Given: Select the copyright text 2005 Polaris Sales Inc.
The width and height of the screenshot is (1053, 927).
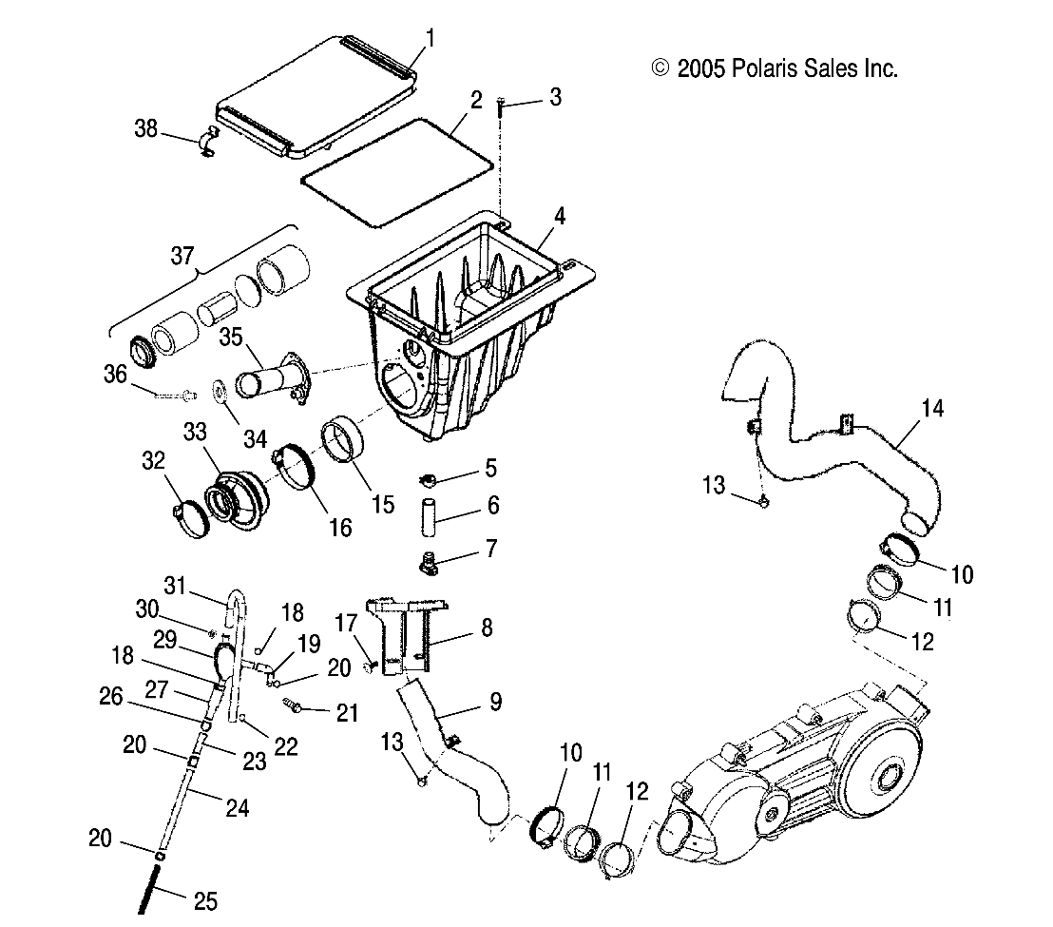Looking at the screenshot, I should click(x=774, y=68).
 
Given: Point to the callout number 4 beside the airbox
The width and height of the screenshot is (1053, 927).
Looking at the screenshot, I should click(x=560, y=217).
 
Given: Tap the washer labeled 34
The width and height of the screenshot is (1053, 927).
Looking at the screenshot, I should click(x=219, y=390).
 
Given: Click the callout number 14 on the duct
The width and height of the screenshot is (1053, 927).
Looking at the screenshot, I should click(x=906, y=410).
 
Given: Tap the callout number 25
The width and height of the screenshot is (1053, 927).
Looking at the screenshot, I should click(x=204, y=898).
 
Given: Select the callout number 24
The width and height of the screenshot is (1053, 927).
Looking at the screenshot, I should click(x=238, y=808).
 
